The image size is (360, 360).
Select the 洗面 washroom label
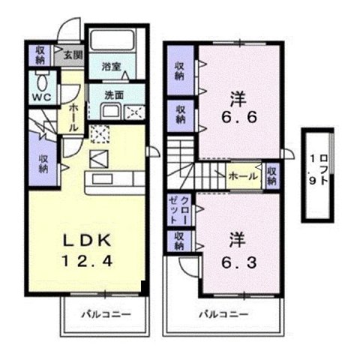115,95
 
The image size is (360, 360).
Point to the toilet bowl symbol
42,80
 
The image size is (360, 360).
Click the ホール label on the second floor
244,177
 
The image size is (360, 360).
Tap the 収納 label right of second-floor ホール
271,176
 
